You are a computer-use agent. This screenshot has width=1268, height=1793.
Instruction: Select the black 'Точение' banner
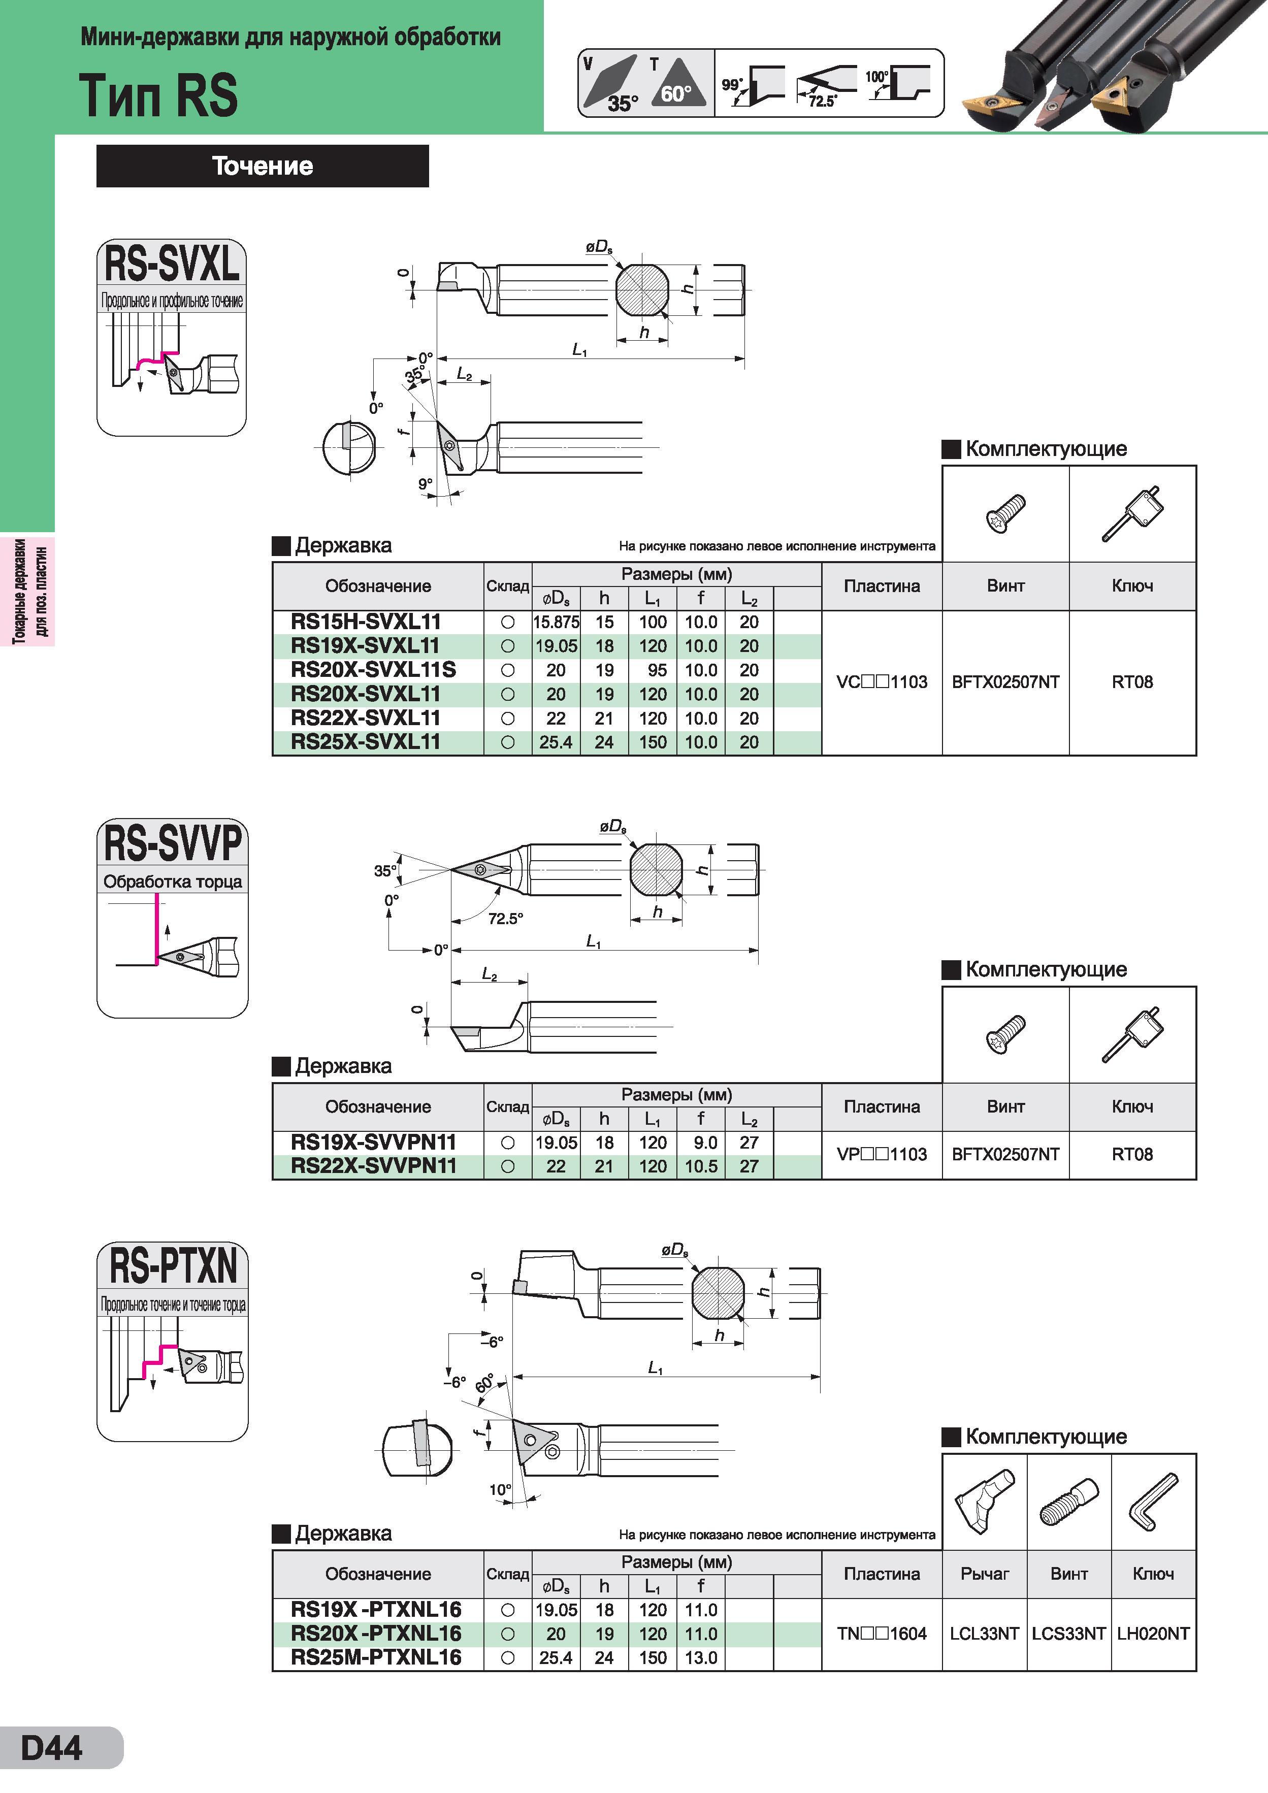click(x=263, y=166)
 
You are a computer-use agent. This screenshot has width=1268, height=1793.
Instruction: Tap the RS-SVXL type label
click(x=172, y=263)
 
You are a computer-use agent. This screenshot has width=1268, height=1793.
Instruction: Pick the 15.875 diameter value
click(x=556, y=623)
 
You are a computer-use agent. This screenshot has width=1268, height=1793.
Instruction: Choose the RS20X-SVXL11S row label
click(x=373, y=670)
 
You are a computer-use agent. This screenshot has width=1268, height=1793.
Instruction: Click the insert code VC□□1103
click(x=882, y=682)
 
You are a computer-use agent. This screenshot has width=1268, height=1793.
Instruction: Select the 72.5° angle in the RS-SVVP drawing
click(x=505, y=919)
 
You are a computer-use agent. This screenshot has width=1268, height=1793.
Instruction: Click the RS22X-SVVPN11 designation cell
click(x=373, y=1166)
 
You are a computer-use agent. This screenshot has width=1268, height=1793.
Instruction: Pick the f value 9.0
click(x=705, y=1143)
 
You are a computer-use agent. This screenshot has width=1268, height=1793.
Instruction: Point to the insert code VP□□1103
click(x=882, y=1154)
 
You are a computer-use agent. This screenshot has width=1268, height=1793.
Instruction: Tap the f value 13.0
click(x=701, y=1658)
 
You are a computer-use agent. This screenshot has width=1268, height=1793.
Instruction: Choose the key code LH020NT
click(x=1153, y=1634)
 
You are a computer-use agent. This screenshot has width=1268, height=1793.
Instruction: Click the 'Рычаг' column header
click(x=985, y=1574)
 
